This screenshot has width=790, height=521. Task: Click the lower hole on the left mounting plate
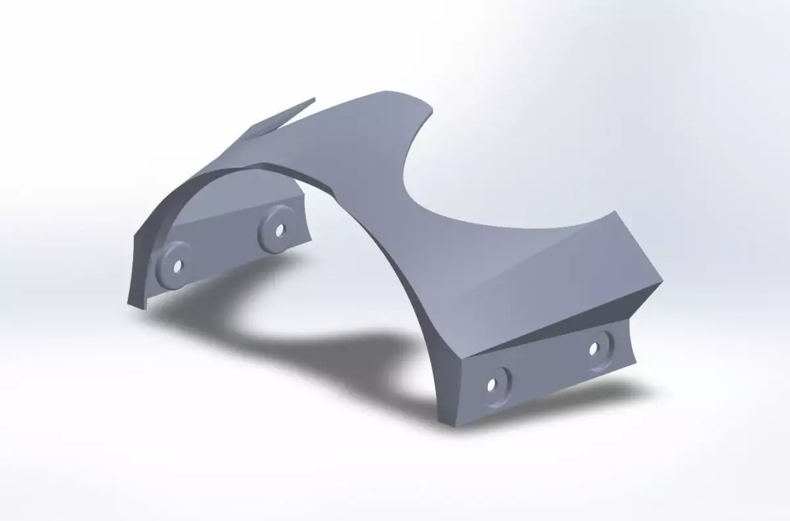(176, 267)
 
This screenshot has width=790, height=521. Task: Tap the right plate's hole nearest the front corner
(492, 384)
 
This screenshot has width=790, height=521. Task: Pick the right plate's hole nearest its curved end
(594, 348)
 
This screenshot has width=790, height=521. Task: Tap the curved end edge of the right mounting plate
(633, 342)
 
